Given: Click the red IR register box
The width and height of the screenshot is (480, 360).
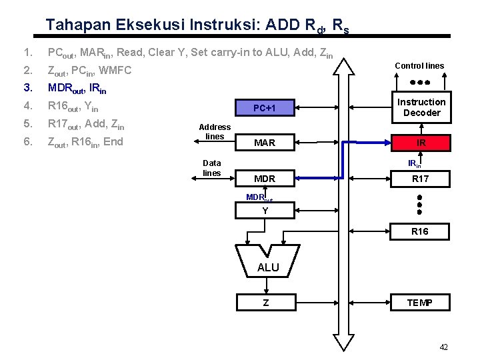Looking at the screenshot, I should point(421,143).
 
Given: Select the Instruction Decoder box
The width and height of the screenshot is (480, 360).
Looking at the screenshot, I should point(421,107).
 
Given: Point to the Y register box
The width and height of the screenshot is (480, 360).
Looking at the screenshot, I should point(265,211).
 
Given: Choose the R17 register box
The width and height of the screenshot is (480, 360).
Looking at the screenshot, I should point(421,178).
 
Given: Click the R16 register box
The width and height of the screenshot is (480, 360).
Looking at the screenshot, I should point(420,231).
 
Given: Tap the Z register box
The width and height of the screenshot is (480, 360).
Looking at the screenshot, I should point(265,303).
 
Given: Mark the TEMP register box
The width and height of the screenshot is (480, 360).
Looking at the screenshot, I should point(420,303).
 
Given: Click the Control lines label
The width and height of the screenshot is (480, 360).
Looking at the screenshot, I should point(419,65).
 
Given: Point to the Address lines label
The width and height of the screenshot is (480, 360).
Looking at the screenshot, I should point(215,131).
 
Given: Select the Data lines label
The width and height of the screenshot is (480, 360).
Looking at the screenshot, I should point(212,167).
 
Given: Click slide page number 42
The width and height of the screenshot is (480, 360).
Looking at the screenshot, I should point(444,347).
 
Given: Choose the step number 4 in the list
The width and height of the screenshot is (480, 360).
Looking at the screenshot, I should point(27,106).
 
